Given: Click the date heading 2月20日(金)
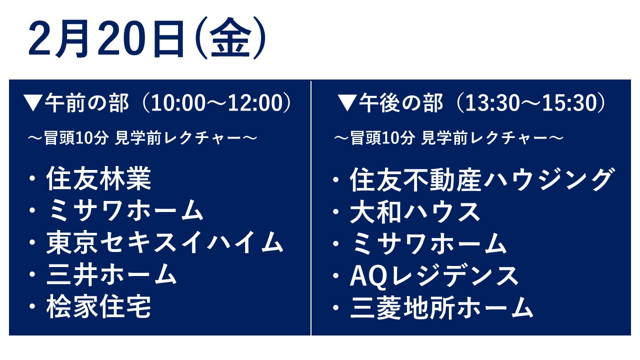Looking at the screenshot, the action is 147,38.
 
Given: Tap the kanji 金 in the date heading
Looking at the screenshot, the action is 230,38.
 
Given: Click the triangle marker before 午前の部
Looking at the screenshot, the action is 33,103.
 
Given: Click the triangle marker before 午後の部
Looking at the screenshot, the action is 347,103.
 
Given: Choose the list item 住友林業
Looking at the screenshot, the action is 98,178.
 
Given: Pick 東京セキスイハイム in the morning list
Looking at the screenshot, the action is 164,242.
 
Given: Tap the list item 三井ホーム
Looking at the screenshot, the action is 111,274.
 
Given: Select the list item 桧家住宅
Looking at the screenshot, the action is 98,306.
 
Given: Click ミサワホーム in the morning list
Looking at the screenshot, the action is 125,210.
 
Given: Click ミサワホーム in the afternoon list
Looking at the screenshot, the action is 428,243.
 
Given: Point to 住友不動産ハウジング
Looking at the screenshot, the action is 482,179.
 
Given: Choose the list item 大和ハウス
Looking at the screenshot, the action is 415,211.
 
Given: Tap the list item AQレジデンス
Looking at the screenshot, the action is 434,275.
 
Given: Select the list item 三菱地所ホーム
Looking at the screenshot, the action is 441,307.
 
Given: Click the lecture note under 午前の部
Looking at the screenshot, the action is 142,138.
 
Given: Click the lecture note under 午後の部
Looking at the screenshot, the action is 448,138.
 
